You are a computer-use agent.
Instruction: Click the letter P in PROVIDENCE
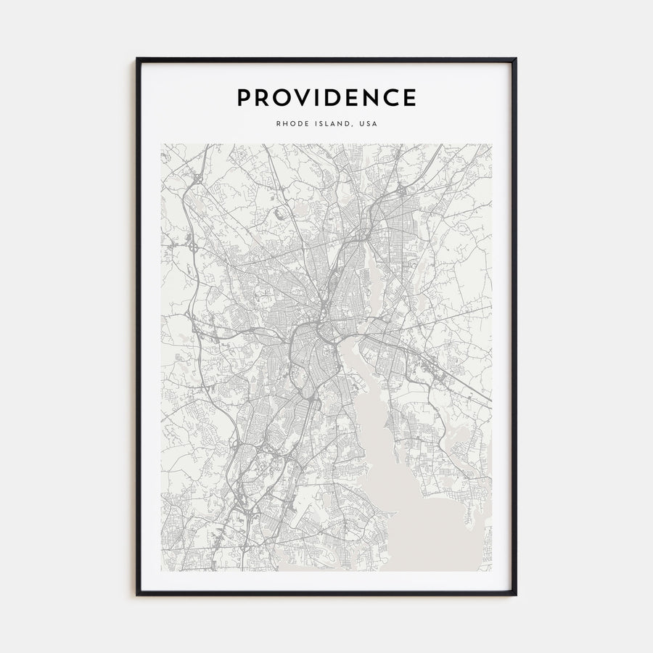point(245,98)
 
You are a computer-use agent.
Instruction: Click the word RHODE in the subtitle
point(292,123)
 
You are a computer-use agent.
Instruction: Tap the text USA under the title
point(369,123)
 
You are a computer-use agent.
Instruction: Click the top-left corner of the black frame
point(137,59)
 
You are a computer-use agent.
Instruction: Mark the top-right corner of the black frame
point(516,59)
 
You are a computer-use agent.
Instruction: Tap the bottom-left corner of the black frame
point(137,594)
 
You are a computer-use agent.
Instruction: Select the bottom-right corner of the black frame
point(516,594)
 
